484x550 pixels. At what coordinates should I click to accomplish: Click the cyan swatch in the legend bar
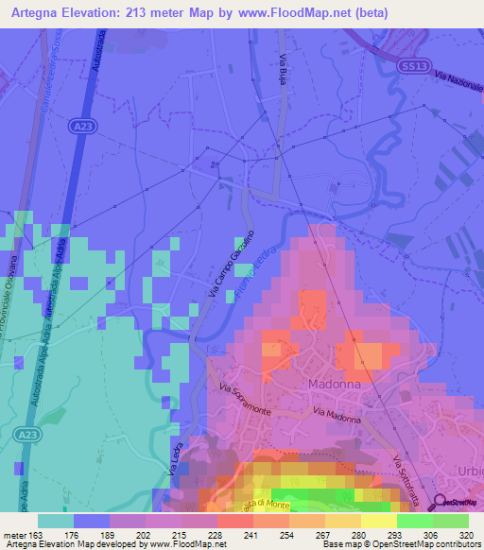54,521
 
